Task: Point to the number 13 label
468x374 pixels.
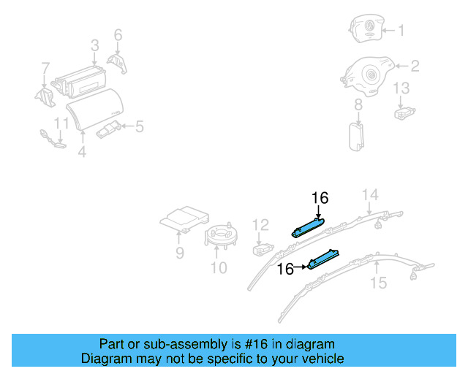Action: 402,88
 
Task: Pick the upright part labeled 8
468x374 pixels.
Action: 357,136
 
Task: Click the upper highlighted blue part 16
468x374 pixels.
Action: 309,226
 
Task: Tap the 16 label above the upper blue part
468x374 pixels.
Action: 320,198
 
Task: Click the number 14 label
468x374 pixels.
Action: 371,194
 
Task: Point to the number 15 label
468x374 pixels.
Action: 378,282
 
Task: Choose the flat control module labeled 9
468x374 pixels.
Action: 185,218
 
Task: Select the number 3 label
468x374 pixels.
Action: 95,47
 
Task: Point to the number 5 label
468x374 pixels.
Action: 139,127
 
